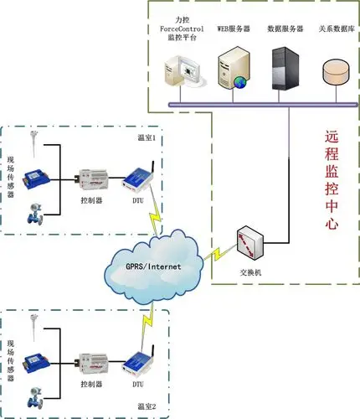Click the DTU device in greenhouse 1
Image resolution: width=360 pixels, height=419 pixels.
coord(135,179)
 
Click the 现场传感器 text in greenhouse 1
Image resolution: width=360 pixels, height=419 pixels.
coord(11,176)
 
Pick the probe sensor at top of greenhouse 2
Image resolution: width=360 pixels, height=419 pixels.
coord(32,329)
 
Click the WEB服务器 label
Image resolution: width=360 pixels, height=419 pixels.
coord(233,28)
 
